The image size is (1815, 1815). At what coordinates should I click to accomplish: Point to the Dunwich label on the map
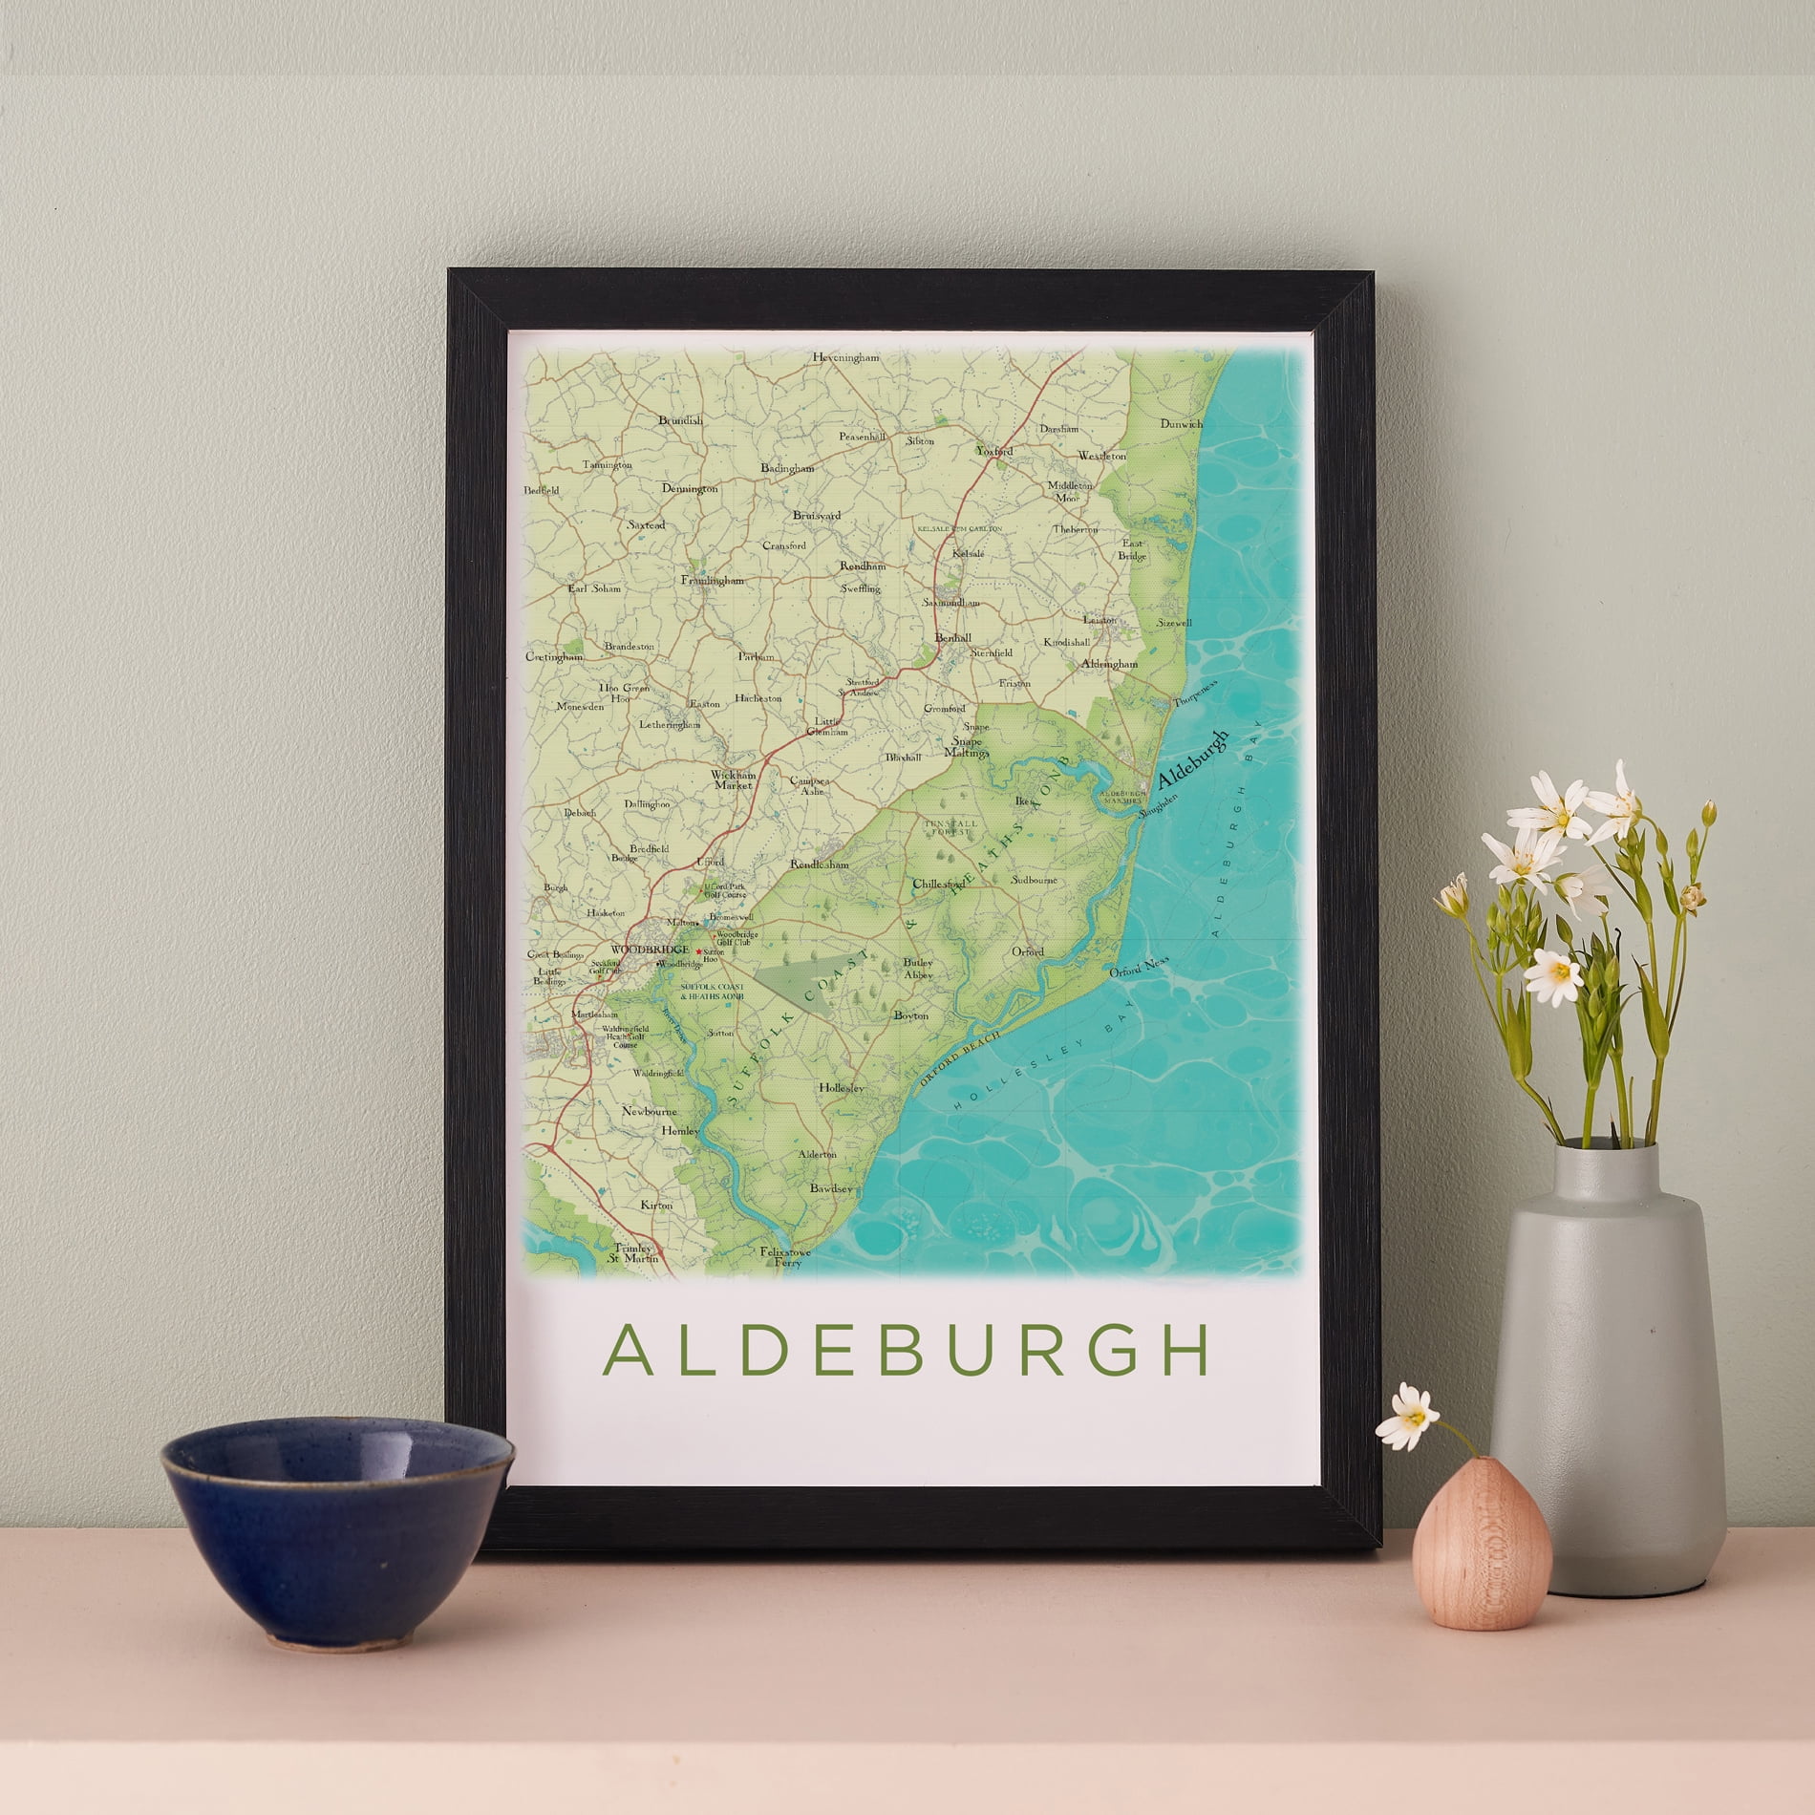(x=1182, y=423)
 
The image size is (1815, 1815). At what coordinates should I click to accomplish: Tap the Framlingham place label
(x=712, y=580)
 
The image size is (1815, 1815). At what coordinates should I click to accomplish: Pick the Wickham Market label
(x=733, y=779)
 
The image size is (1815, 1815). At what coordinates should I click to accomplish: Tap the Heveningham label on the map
(x=844, y=357)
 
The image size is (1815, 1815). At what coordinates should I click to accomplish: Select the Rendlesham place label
(x=819, y=865)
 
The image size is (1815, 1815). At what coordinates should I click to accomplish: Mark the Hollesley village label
(x=842, y=1088)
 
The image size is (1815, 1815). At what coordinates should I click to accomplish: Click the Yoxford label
(x=993, y=450)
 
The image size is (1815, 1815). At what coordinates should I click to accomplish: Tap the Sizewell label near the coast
(x=1174, y=622)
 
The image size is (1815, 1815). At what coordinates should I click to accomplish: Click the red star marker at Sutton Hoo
(x=699, y=952)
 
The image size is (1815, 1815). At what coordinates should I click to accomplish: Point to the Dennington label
(x=689, y=489)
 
